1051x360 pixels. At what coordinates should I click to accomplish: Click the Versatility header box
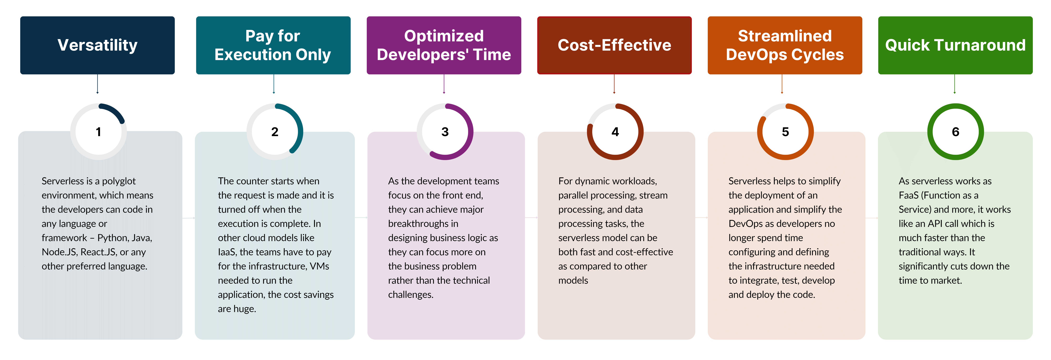tap(97, 45)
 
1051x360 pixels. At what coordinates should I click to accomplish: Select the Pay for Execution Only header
tap(273, 45)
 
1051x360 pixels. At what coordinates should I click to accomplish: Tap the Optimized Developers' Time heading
tap(444, 45)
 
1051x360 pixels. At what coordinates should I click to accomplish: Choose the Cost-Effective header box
tap(614, 45)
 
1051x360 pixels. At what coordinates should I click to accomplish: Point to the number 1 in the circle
tap(98, 132)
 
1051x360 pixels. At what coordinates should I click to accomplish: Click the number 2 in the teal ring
tap(275, 132)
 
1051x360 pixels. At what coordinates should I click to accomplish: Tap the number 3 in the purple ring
tap(445, 132)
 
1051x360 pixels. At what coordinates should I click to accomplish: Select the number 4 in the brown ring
tap(615, 132)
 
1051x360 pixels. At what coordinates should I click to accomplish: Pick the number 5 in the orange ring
tap(785, 132)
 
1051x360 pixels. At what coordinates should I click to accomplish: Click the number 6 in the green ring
tap(955, 132)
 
